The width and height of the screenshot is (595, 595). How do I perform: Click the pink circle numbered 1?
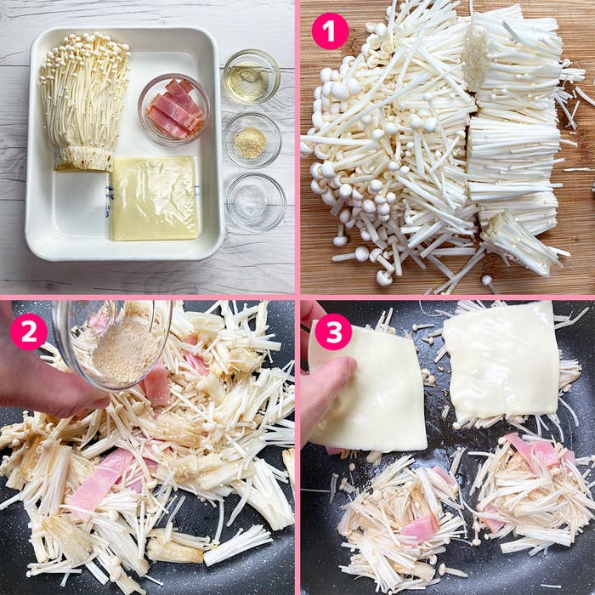330,31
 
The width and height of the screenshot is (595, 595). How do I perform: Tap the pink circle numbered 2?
28,332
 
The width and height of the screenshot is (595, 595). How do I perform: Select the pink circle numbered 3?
333,332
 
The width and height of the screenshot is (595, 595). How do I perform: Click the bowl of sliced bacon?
174,110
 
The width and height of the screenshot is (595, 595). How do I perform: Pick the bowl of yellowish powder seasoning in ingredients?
252,139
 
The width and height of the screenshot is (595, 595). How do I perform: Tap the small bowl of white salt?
256,202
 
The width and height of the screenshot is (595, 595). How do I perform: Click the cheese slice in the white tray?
155,197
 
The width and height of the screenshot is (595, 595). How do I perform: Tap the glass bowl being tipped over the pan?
115,340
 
